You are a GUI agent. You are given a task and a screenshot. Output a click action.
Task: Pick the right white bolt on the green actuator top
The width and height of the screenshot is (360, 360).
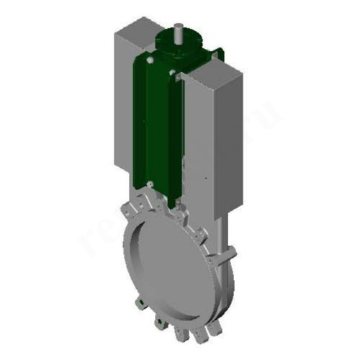[172, 72]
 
